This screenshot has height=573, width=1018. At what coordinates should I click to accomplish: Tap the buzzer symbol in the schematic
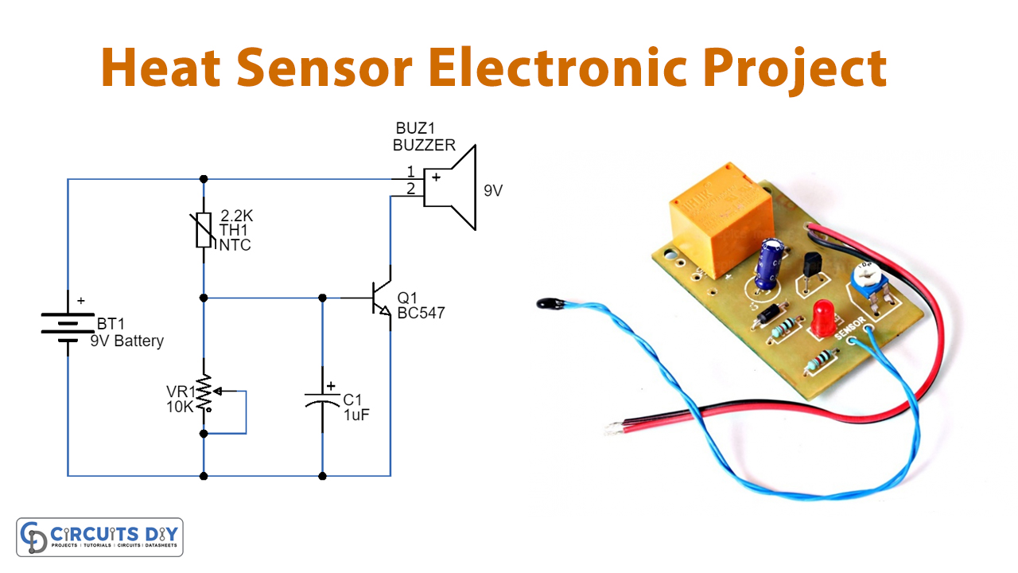449,188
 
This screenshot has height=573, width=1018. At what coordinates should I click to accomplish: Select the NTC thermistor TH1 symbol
204,230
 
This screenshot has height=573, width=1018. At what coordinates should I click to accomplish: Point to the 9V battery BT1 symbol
68,326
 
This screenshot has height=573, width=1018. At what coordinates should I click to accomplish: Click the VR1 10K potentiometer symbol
204,392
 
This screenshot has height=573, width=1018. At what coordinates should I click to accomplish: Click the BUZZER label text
424,146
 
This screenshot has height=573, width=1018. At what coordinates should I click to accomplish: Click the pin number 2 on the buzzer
410,189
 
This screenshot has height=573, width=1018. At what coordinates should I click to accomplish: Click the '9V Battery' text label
127,341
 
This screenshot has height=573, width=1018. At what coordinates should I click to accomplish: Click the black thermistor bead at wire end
547,303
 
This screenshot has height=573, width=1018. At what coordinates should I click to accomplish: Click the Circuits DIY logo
99,537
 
